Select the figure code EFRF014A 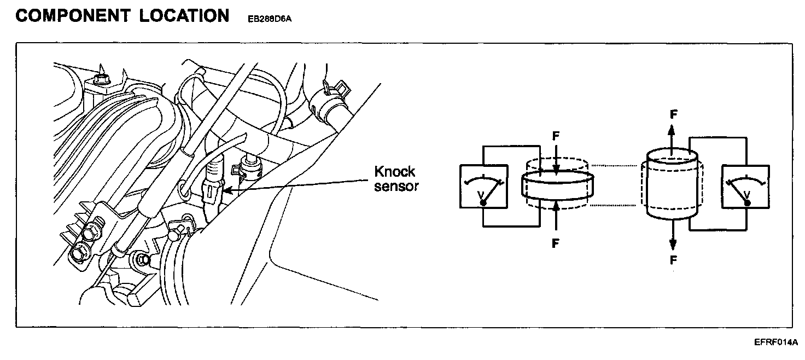[775, 342]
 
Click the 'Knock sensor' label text [396, 178]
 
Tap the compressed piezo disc [557, 185]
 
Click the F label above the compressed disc [556, 135]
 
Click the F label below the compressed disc [556, 243]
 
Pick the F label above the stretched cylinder [673, 115]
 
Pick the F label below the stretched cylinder [673, 260]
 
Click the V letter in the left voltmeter [481, 194]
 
